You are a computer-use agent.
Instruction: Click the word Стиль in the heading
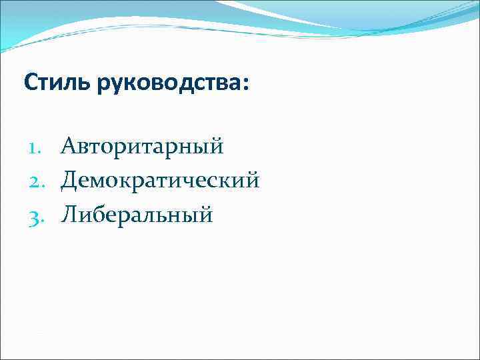(x=50, y=83)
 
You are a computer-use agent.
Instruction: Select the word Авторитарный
(x=142, y=146)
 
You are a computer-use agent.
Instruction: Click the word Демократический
(x=160, y=180)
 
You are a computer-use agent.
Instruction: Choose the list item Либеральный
(x=137, y=215)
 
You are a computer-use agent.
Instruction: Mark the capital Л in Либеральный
(x=69, y=215)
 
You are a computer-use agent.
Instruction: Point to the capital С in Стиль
(x=30, y=83)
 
